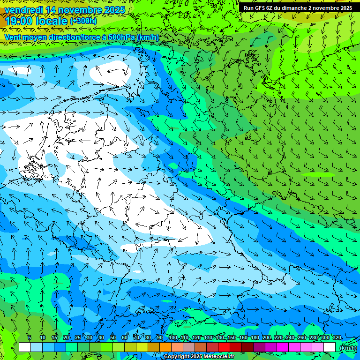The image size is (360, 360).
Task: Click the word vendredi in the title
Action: click(x=25, y=10)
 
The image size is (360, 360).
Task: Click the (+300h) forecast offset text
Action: click(x=83, y=21)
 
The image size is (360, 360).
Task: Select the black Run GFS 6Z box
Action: click(x=298, y=8)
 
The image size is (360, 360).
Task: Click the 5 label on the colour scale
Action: click(x=30, y=337)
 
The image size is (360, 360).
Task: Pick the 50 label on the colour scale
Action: click(x=113, y=337)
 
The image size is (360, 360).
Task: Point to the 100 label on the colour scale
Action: click(x=173, y=337)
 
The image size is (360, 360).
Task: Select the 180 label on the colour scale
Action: click(x=255, y=337)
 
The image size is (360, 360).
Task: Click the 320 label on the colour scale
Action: click(x=337, y=337)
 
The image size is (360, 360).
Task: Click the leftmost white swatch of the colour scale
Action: click(x=25, y=347)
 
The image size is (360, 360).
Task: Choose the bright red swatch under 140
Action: click(x=224, y=347)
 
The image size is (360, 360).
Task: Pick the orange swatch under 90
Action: click(x=165, y=347)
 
